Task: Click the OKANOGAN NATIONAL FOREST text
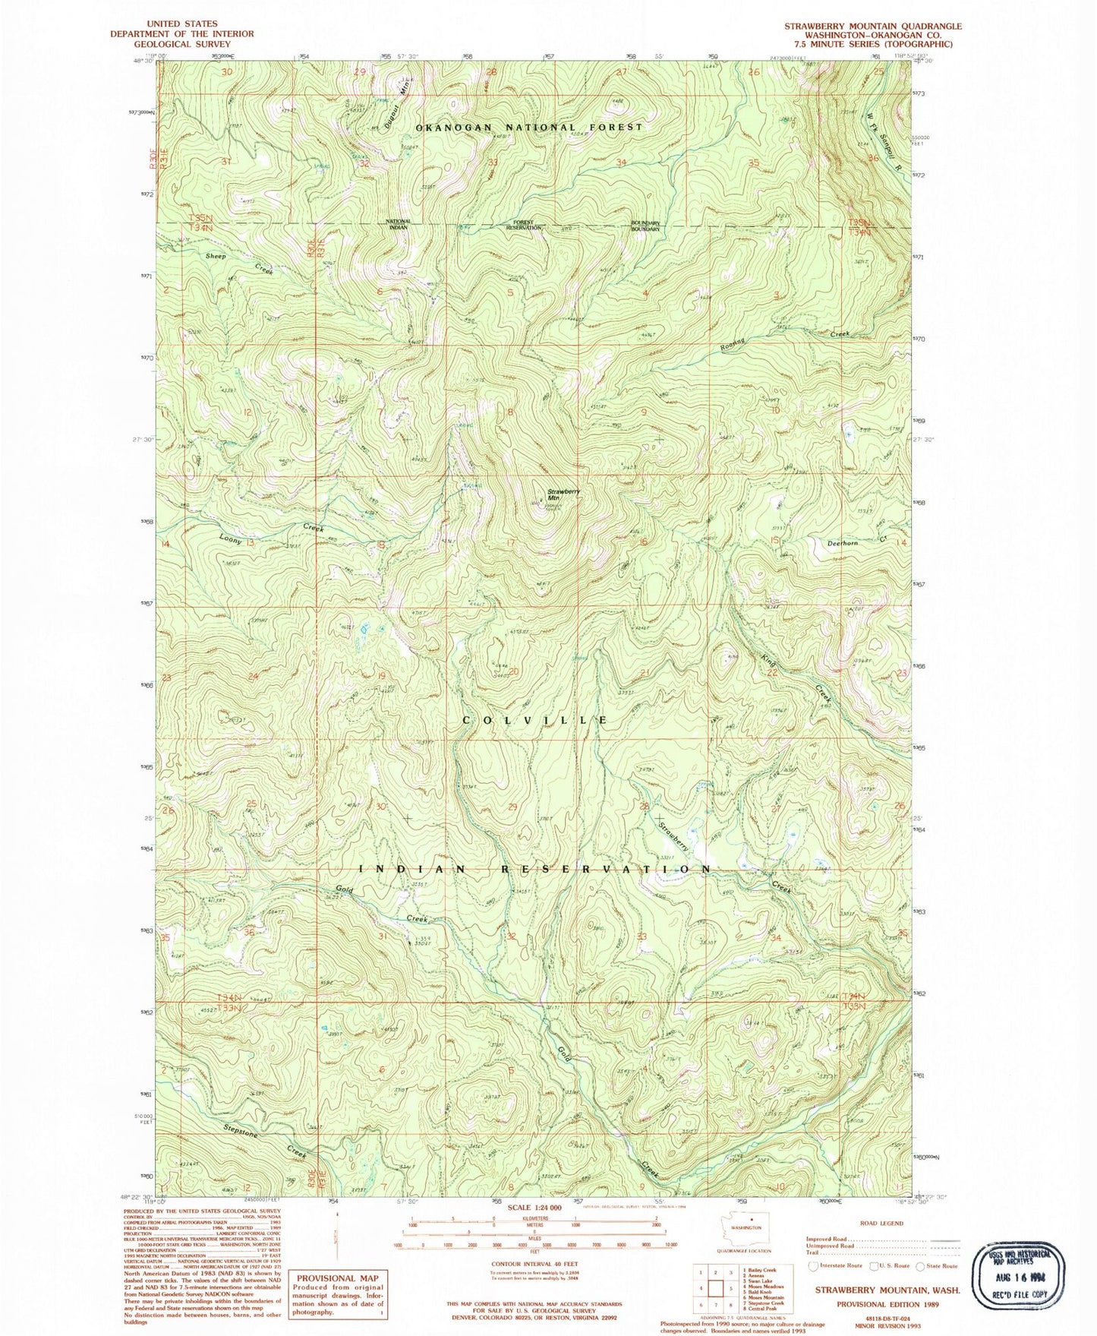click(x=529, y=127)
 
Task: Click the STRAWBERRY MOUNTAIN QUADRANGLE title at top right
click(x=873, y=26)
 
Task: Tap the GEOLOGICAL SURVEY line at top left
click(x=181, y=44)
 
